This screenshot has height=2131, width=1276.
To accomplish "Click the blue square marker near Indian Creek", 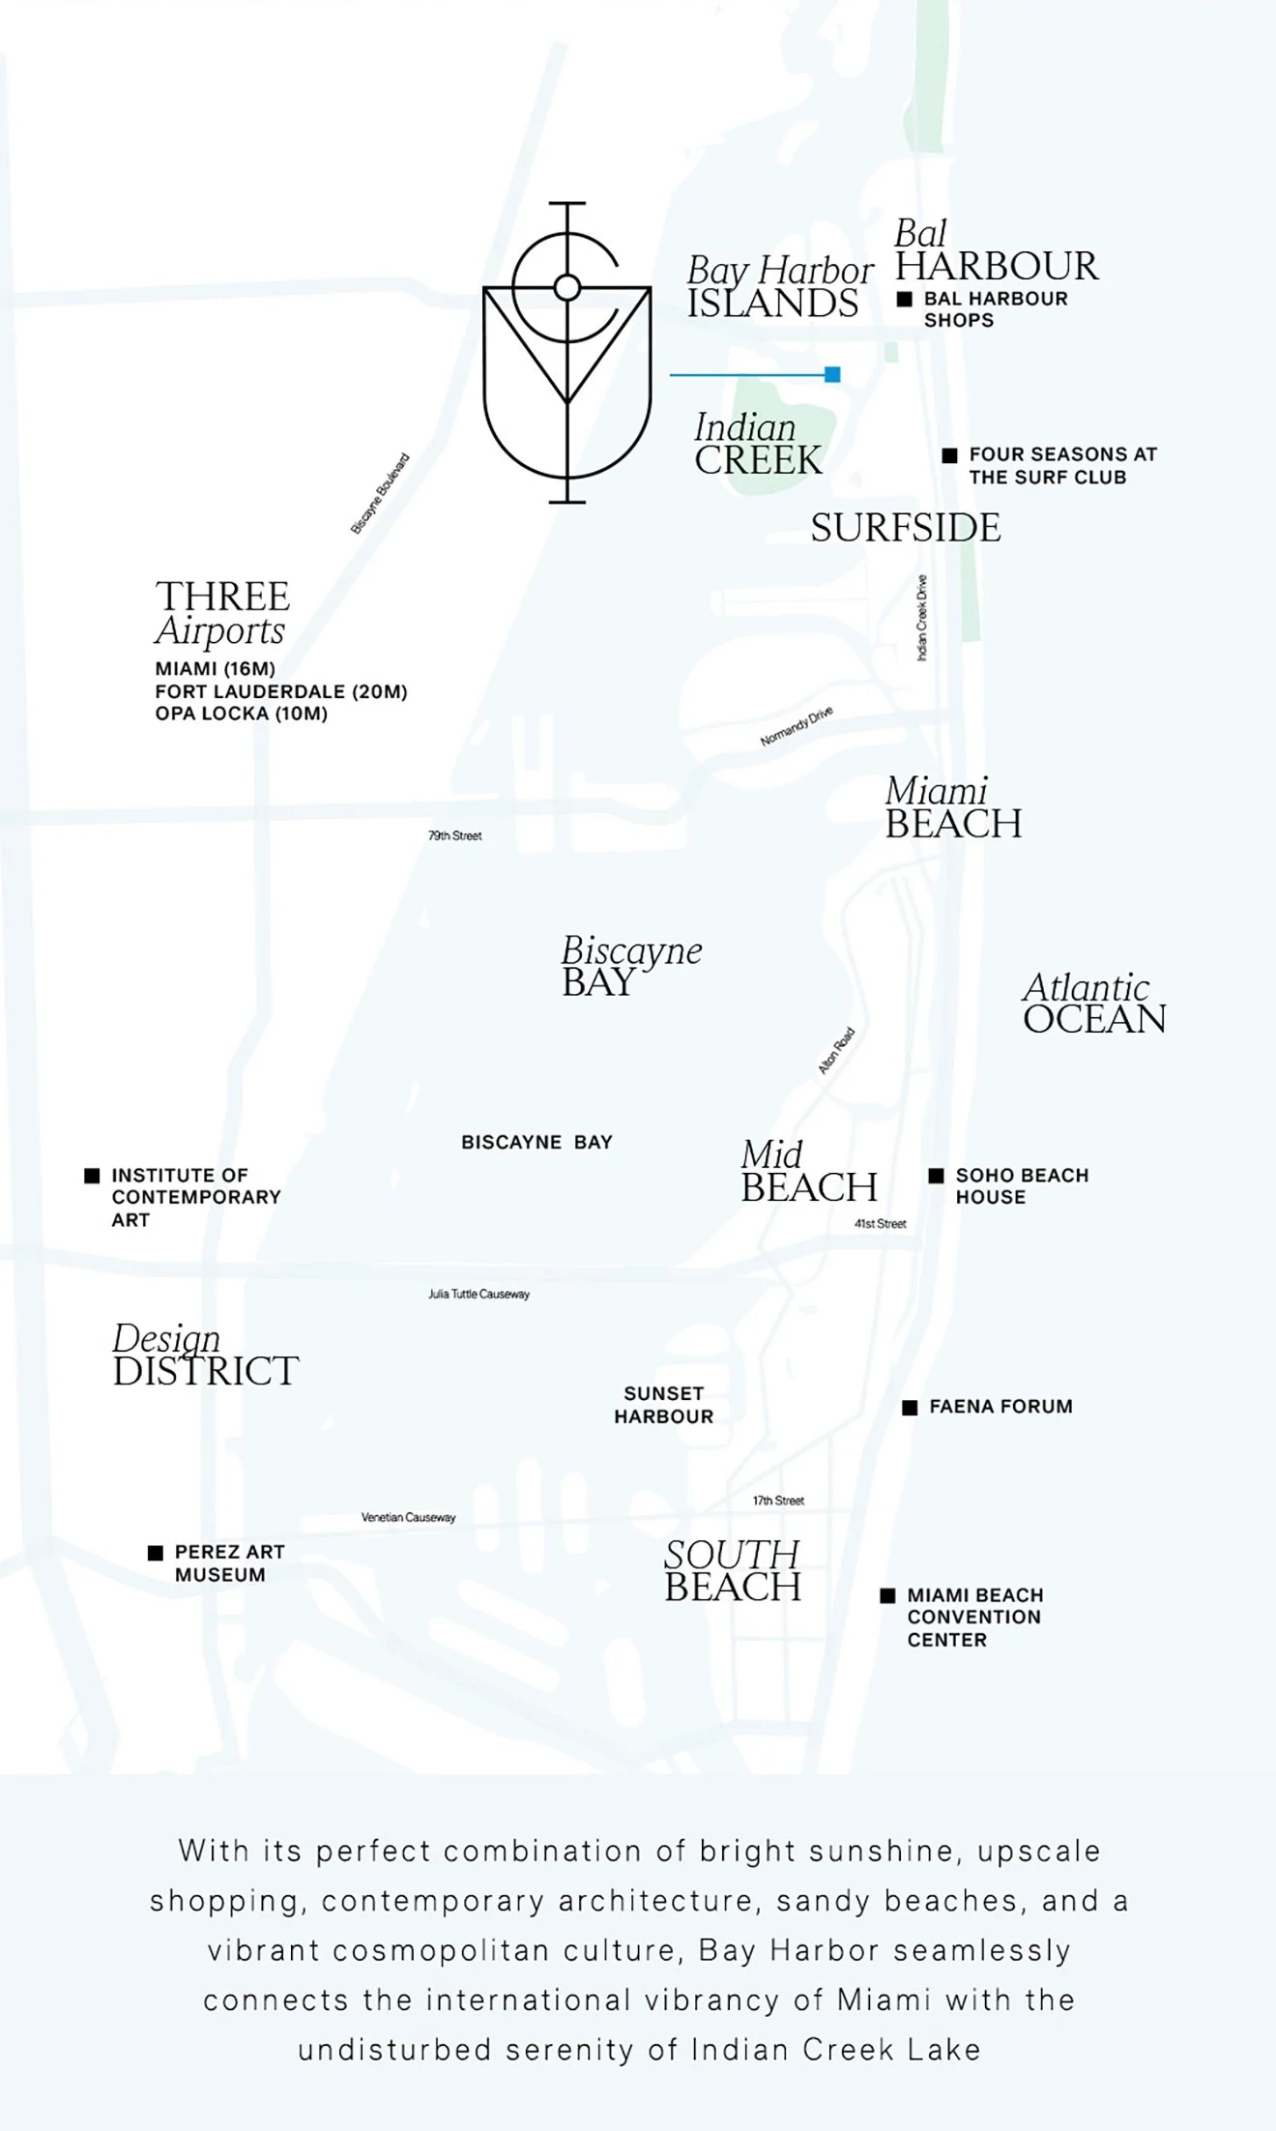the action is pos(832,374).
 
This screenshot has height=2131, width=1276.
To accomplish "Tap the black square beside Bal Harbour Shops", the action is pos(905,300).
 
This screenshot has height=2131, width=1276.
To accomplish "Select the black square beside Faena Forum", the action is pos(910,1408).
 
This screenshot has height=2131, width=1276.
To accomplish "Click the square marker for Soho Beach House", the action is pos(936,1176).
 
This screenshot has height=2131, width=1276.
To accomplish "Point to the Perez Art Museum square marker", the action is pos(156,1553).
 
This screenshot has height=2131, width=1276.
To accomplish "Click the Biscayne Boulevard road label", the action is pos(380,493).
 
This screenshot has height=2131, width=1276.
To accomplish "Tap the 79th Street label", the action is pos(455,835).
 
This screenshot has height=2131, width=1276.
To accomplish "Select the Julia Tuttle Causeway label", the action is pos(479,1294).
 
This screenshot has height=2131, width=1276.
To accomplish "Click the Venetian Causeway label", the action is pos(408,1517).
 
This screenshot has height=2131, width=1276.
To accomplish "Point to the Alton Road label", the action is pos(836,1051).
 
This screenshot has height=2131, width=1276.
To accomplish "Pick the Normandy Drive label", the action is pos(797,726).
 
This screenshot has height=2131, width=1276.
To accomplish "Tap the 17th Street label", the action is pos(778,1501).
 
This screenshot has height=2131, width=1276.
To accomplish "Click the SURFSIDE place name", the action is pos(906,528).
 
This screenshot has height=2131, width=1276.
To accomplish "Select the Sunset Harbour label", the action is pos(664,1405).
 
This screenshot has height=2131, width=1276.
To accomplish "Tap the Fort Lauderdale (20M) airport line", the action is pos(281,691).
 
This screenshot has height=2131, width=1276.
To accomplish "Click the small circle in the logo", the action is pos(567,287).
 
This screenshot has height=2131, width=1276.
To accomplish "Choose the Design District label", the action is pos(205,1356).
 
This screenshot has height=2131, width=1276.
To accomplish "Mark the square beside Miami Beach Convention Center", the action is pos(887,1595).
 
